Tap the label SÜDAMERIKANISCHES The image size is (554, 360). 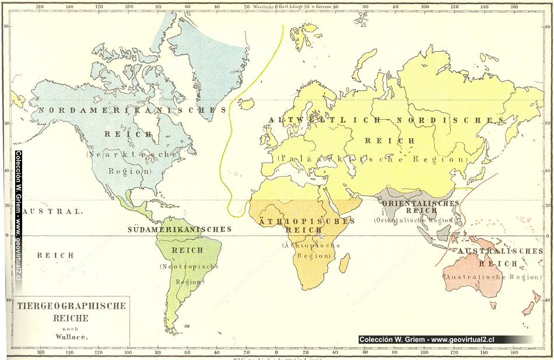click(180, 229)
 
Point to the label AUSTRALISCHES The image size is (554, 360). click(500, 251)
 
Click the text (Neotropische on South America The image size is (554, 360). click(189, 267)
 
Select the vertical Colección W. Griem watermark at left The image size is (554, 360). click(18, 216)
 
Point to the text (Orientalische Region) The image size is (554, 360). click(413, 221)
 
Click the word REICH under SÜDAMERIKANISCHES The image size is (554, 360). click(187, 250)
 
